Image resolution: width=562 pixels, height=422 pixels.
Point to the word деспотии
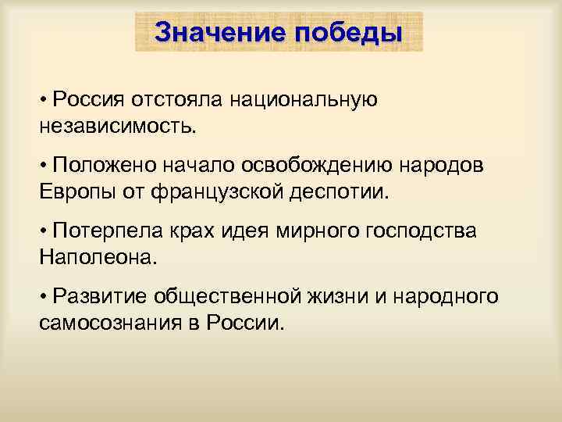340,191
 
